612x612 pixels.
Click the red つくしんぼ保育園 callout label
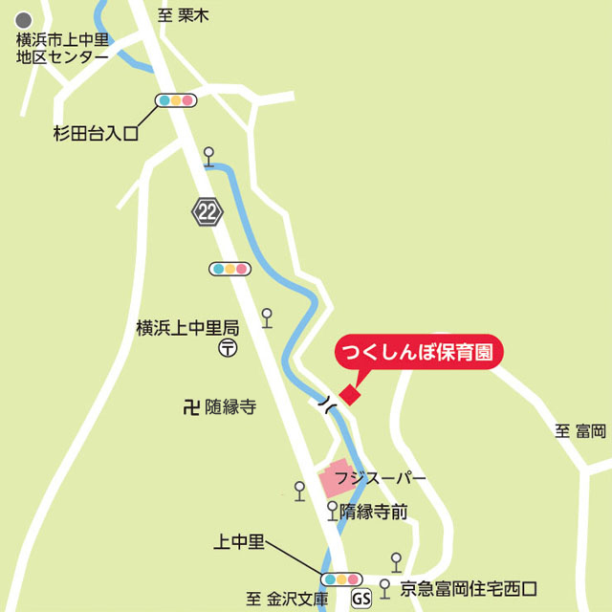coord(417,351)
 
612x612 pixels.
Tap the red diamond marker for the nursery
coord(351,394)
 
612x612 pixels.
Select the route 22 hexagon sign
coord(207,210)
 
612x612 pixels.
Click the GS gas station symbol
coord(361,600)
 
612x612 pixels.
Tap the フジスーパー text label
coord(387,476)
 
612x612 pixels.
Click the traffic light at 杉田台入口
coord(176,100)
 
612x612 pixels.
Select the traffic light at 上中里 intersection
coord(341,579)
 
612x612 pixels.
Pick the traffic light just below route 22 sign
coord(229,269)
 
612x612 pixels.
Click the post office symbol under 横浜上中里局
coord(228,349)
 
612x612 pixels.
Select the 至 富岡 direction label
coord(580,431)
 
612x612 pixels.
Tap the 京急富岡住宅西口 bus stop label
coord(470,588)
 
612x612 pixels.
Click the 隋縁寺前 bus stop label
coord(374,513)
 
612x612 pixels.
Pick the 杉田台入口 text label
coord(96,134)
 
